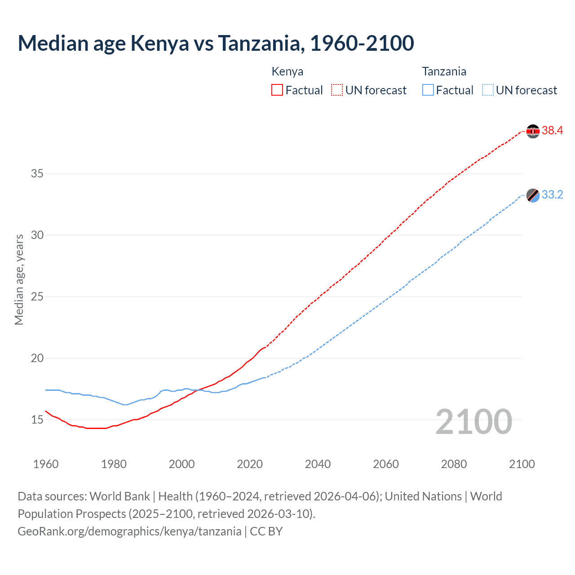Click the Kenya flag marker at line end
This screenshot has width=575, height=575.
click(x=533, y=131)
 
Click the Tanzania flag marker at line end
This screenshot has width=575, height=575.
click(x=533, y=195)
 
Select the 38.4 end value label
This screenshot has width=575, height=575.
click(x=552, y=131)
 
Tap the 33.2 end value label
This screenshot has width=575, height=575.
click(x=552, y=195)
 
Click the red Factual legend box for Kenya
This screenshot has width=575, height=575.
click(x=277, y=90)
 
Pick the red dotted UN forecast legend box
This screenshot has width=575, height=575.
click(x=337, y=90)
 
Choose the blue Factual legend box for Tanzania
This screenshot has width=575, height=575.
click(x=428, y=90)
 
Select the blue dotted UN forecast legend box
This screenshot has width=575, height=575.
click(x=488, y=90)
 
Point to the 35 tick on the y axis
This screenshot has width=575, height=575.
click(x=37, y=174)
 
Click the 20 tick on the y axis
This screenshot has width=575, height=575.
click(x=37, y=358)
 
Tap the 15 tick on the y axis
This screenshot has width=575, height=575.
click(x=37, y=420)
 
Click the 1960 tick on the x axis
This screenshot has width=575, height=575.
click(x=46, y=464)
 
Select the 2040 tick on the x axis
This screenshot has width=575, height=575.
click(x=318, y=464)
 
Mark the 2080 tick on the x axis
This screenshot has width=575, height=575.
click(x=454, y=464)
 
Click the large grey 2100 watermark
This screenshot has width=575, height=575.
click(x=474, y=421)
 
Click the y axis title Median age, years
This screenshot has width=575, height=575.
click(x=19, y=279)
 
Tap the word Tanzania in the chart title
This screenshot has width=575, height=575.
click(x=259, y=43)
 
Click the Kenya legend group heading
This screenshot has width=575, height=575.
click(x=287, y=71)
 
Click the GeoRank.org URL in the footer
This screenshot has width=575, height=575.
click(x=129, y=531)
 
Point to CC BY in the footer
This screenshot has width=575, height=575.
click(x=266, y=531)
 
